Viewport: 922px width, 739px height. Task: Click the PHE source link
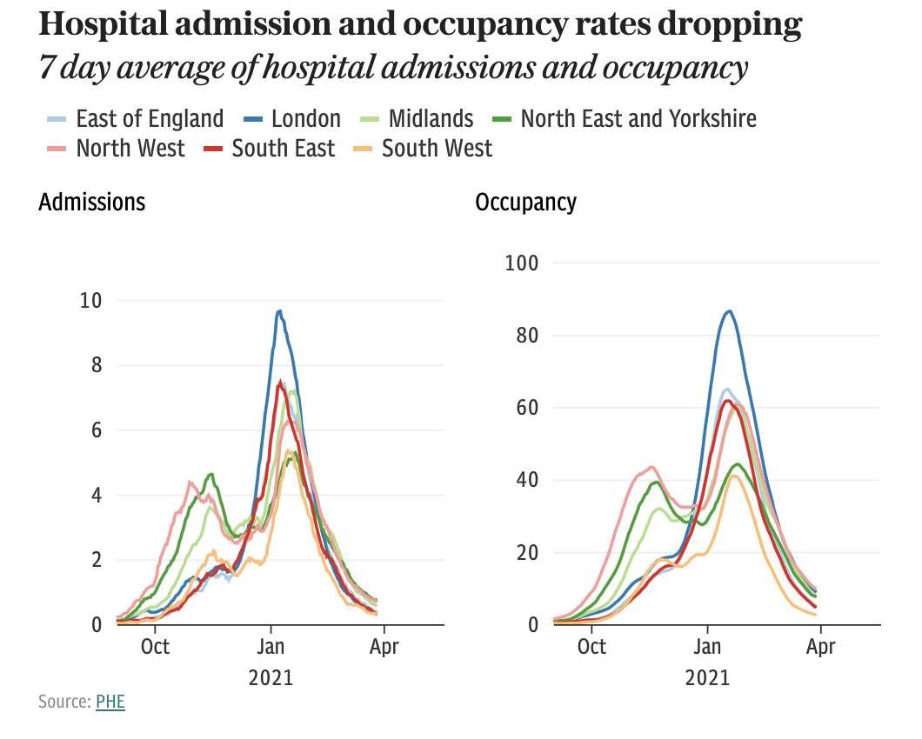[x=110, y=702]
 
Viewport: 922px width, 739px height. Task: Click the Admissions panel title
[x=92, y=203]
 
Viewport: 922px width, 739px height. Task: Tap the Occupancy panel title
[x=525, y=203]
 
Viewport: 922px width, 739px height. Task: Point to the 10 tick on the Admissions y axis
[x=90, y=301]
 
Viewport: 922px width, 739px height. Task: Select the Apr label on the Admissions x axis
[x=384, y=647]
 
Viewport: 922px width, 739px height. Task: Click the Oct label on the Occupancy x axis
[x=591, y=647]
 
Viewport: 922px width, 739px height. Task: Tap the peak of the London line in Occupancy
[x=729, y=310]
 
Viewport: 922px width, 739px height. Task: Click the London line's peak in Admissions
[x=279, y=310]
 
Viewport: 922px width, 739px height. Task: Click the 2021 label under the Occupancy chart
[x=708, y=677]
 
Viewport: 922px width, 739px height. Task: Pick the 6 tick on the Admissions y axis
[x=96, y=430]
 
